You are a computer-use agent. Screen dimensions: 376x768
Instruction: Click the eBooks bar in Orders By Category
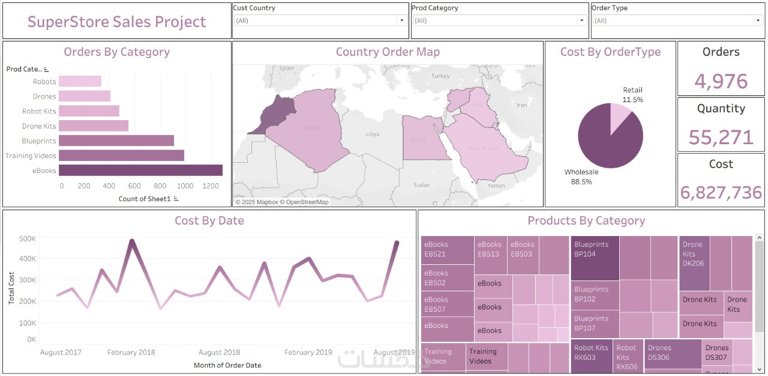tap(142, 171)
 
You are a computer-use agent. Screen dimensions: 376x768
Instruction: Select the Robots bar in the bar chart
tap(80, 82)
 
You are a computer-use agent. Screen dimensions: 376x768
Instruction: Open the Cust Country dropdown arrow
tap(402, 20)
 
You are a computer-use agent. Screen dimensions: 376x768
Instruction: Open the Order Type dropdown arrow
tap(758, 20)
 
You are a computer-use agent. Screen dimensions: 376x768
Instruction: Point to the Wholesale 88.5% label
tap(581, 177)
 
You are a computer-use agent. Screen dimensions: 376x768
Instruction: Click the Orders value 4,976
tap(721, 81)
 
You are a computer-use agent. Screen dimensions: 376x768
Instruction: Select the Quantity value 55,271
tap(721, 137)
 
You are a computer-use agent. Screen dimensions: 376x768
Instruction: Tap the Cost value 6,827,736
tap(721, 192)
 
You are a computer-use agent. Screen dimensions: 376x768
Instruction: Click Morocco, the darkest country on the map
tap(275, 113)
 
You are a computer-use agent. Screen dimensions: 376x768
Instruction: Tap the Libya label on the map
tap(372, 134)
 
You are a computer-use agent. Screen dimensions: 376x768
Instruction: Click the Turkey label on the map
tap(440, 76)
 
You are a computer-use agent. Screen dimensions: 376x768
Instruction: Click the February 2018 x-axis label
tap(131, 353)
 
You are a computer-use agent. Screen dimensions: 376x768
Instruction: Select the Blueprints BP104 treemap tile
tap(594, 258)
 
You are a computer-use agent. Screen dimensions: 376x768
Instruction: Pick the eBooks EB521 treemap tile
tap(447, 249)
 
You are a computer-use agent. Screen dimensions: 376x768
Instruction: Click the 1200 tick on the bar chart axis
tap(211, 186)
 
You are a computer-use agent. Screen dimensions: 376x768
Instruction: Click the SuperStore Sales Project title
tap(116, 22)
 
